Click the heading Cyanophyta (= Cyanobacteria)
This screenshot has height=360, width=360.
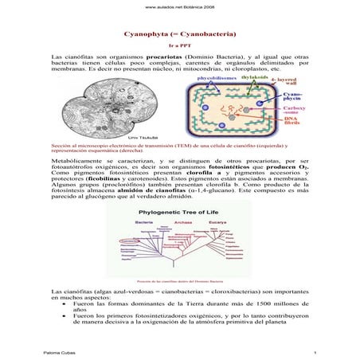tap(181, 36)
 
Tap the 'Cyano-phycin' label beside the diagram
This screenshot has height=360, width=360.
tap(290, 99)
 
